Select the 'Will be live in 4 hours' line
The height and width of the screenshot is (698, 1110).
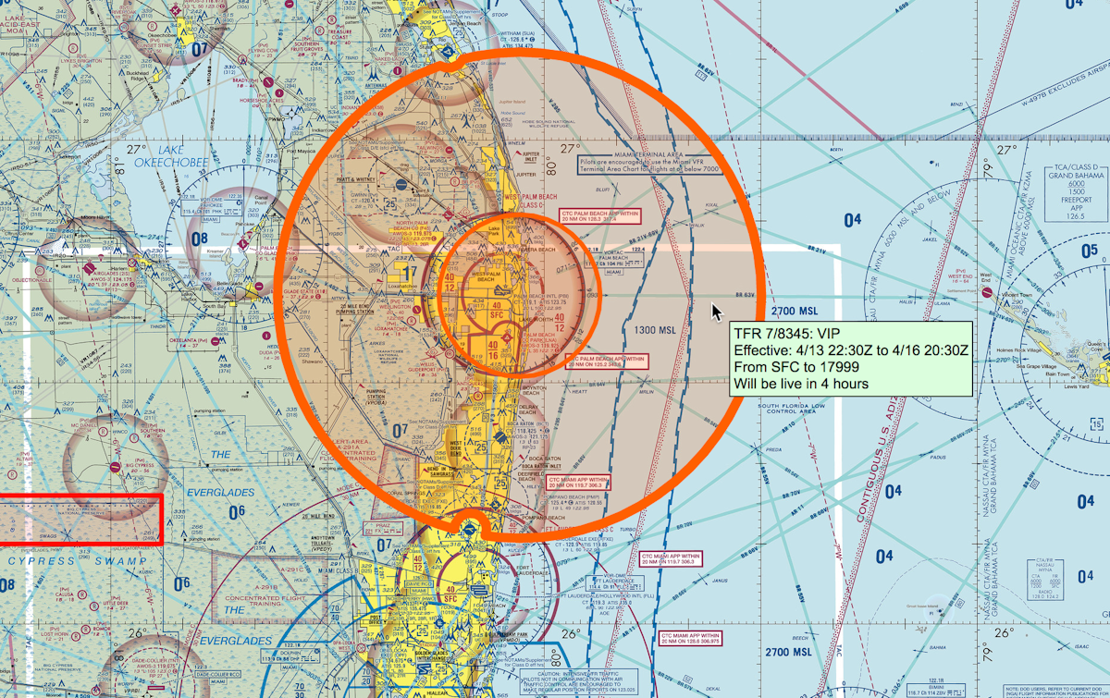[x=801, y=384]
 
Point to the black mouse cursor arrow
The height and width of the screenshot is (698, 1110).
[x=717, y=311]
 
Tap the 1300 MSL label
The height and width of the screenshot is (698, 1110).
[x=656, y=330]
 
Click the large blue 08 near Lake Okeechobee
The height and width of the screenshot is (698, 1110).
[x=199, y=239]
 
